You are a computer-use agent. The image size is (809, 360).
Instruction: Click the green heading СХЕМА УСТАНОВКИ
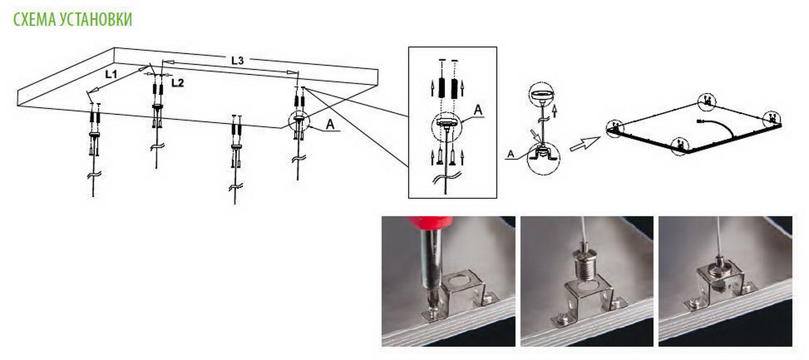point(72,19)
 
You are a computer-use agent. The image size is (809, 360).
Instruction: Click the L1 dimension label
point(111,74)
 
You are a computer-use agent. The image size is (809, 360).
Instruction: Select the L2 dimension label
point(178,83)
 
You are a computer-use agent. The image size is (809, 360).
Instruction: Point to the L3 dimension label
point(238,60)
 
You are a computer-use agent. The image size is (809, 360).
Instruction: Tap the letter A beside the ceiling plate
point(330,125)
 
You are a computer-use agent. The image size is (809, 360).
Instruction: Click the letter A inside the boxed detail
point(478,110)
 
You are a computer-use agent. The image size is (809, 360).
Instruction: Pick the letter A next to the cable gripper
point(510,154)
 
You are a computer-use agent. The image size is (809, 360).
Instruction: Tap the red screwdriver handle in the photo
point(430,224)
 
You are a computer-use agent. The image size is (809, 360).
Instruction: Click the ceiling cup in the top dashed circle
point(541,95)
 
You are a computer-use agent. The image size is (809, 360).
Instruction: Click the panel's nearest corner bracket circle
point(679,146)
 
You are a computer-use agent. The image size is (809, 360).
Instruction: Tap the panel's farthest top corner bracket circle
point(706,102)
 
